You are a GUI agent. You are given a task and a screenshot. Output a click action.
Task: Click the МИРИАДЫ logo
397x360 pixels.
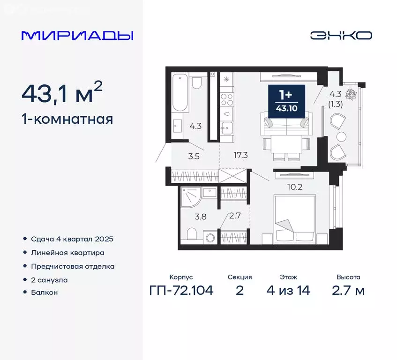[77, 36]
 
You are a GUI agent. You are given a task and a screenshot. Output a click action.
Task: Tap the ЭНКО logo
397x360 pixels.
[341, 36]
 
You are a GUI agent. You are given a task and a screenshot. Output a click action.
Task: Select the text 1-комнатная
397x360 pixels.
[67, 119]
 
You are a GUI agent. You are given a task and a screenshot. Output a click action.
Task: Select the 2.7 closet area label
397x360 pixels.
[234, 217]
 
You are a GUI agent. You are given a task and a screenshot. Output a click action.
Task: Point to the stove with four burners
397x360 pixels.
[227, 99]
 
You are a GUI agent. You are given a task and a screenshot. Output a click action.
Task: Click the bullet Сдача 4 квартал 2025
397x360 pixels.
[72, 239]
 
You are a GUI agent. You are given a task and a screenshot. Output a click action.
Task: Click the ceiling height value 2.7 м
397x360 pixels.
[348, 291]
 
